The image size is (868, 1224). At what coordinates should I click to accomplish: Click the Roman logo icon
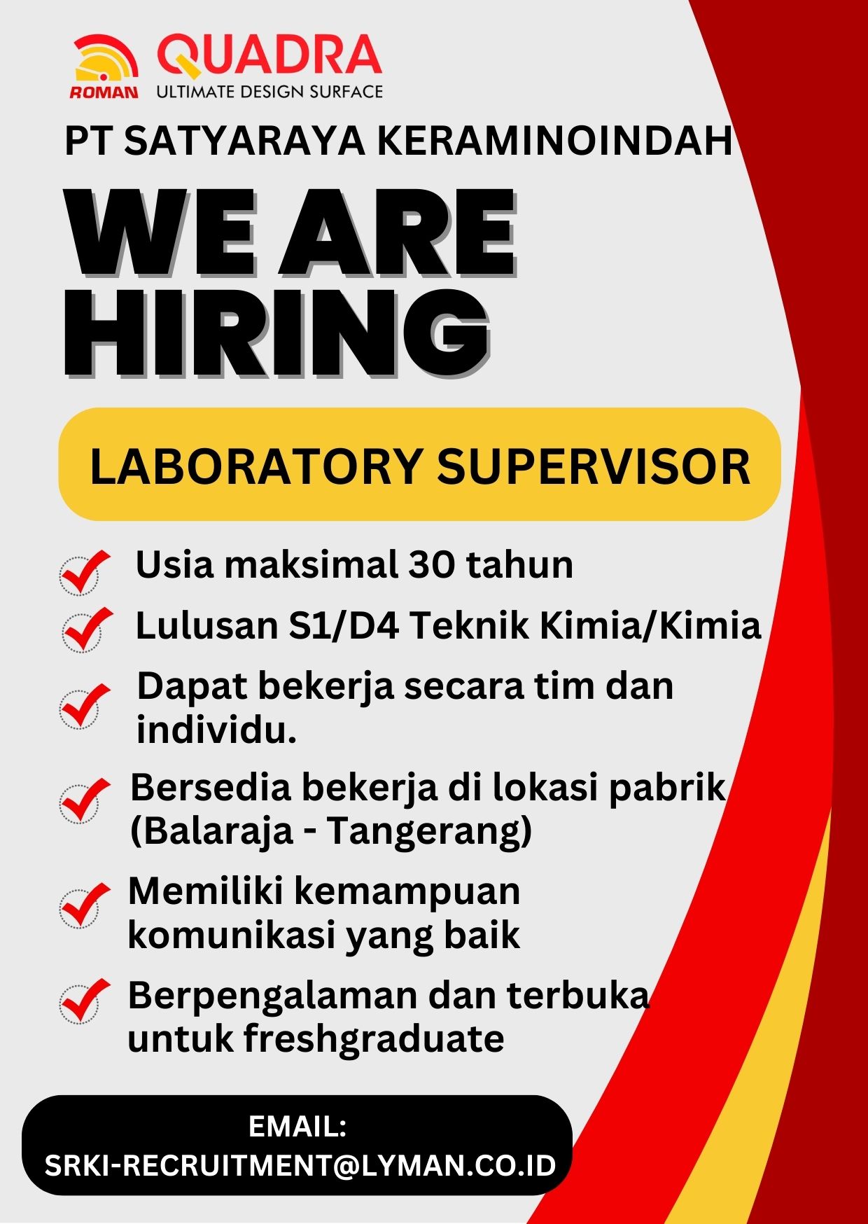point(105,67)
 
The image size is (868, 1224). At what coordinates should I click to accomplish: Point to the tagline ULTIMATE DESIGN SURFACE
point(269,92)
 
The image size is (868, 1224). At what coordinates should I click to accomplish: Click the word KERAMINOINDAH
point(555,140)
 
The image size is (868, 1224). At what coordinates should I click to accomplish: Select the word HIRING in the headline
point(277,333)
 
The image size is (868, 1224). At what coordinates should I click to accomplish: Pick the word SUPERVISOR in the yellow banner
point(594,466)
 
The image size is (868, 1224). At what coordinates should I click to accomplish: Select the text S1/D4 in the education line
point(344,625)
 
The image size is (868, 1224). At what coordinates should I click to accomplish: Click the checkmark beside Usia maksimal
point(85,572)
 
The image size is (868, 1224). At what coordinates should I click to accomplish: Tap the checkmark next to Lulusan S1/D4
point(87,630)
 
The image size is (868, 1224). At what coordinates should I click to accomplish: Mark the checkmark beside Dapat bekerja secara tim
point(85,706)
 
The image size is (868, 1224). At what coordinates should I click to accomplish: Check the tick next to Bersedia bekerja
point(85,800)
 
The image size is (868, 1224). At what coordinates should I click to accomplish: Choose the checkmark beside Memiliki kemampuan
point(85,905)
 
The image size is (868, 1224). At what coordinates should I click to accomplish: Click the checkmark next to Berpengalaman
point(85,1001)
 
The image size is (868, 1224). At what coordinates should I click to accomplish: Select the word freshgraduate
point(374,1038)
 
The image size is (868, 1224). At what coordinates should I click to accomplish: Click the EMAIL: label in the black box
point(297,1127)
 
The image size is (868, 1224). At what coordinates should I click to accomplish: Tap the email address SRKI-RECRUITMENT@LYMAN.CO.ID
point(300,1166)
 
